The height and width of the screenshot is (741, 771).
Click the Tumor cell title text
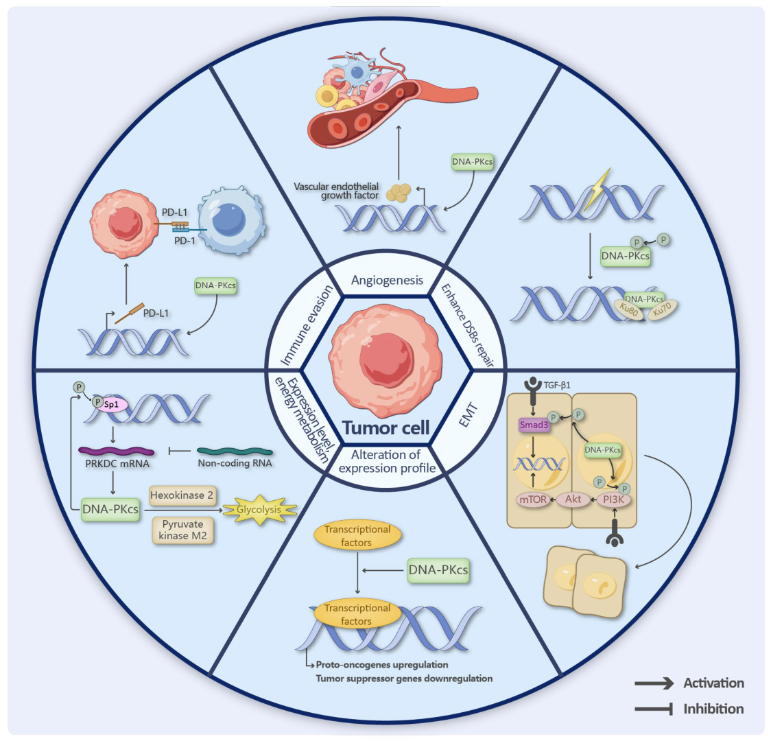[386, 428]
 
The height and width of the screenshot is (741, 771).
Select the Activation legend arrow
[654, 683]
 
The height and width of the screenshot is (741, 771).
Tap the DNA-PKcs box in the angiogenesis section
[472, 163]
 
